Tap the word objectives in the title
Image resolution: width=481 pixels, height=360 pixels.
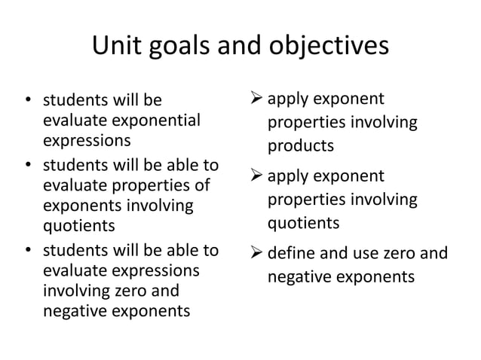point(332,47)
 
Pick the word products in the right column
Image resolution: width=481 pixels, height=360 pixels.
point(301,145)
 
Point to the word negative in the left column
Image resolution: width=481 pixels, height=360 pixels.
point(73,310)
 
